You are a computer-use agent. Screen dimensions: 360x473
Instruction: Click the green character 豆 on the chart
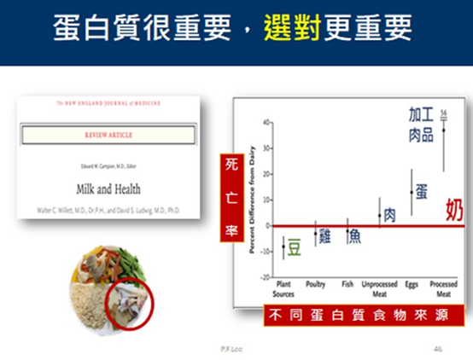click(293, 247)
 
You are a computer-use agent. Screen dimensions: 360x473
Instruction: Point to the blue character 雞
click(323, 236)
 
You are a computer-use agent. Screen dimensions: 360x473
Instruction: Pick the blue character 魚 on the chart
click(353, 236)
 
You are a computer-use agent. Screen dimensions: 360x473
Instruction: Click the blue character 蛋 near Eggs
click(421, 191)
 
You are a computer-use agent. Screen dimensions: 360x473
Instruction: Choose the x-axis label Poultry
click(315, 285)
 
